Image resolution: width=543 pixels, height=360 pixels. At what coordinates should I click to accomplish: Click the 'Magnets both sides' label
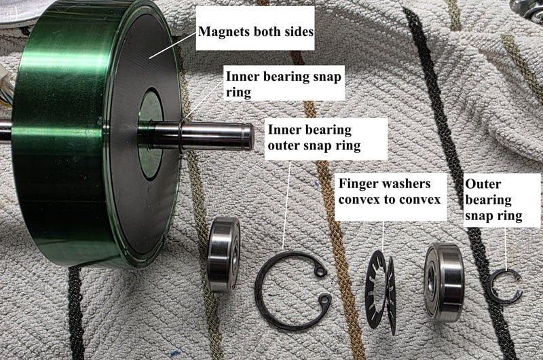256,31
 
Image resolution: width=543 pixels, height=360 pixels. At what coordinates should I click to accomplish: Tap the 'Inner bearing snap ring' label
283,84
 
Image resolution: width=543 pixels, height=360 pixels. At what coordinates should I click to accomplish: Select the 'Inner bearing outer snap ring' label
314,138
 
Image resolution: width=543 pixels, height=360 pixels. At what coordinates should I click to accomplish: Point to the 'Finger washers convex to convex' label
390,192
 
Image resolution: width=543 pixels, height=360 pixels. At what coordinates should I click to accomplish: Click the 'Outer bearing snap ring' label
493,200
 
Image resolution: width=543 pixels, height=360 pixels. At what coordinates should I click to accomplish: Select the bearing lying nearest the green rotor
223,255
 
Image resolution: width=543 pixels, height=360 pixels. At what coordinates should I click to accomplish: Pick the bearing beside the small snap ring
445,282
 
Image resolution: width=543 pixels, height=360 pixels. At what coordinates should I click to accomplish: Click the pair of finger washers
380,293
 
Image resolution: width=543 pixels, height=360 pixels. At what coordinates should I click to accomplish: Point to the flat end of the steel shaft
250,137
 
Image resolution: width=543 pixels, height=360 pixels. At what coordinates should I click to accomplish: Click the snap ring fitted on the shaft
182,134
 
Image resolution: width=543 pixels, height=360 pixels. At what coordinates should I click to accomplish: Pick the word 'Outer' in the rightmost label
483,184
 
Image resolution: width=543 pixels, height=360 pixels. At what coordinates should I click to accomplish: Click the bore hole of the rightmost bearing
432,277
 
